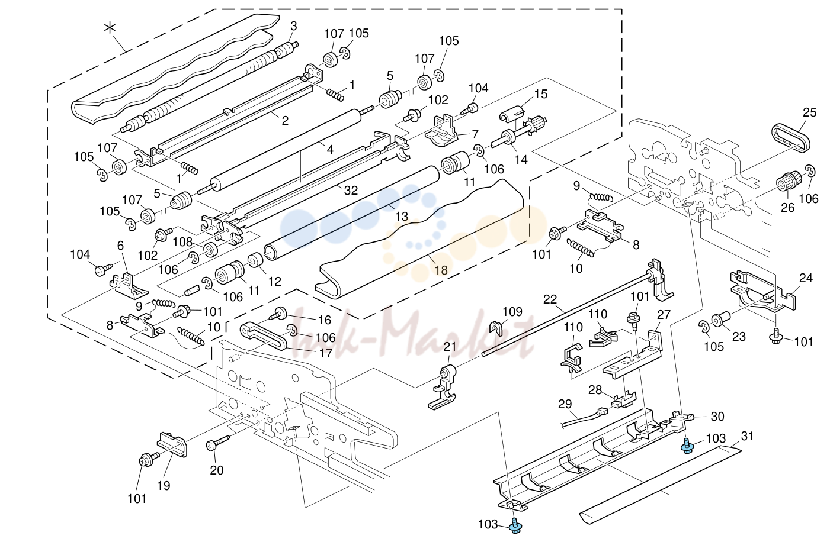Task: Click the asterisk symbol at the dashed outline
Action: (x=110, y=28)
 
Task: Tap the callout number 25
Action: (x=809, y=112)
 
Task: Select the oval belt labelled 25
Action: (x=791, y=138)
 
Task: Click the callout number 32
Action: (x=351, y=190)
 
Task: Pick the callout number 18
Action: (x=441, y=270)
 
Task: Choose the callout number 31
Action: (x=747, y=436)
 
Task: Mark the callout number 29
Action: (x=565, y=404)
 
